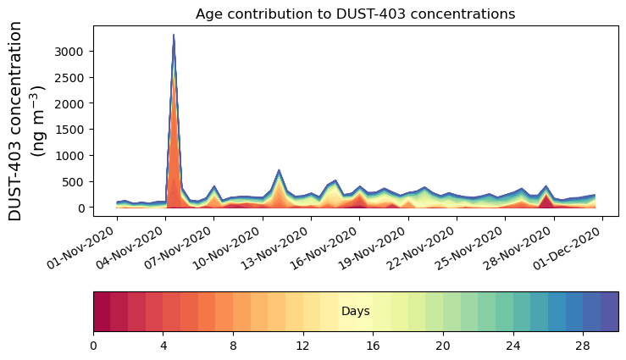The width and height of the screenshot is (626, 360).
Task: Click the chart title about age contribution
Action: tap(355, 14)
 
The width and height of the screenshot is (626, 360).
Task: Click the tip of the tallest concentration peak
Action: tap(174, 36)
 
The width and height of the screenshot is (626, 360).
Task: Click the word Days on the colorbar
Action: tap(355, 312)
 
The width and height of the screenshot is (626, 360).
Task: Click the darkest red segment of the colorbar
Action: tap(102, 312)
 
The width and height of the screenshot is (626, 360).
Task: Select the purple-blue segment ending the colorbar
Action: tap(609, 312)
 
